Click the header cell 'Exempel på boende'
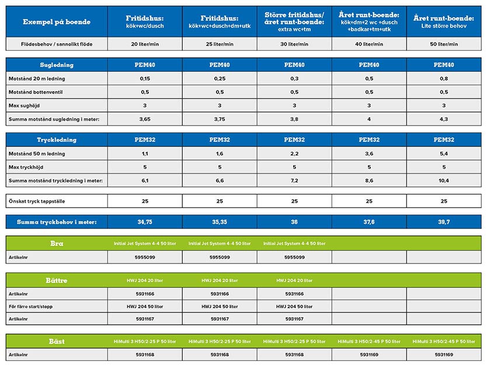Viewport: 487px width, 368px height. coord(57,22)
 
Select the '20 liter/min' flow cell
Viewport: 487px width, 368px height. coord(144,44)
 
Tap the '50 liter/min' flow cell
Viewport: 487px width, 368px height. coord(444,44)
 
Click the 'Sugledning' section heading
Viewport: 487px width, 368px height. coord(57,65)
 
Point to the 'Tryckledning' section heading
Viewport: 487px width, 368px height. coord(57,140)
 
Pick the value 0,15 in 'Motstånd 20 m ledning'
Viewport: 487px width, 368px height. coord(144,78)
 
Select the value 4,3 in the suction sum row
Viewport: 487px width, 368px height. coord(444,119)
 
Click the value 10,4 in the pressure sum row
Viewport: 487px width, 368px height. coord(444,180)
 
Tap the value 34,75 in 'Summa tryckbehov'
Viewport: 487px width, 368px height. coord(144,222)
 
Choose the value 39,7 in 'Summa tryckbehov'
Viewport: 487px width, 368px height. coord(444,222)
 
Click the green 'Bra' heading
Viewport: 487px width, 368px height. coord(57,243)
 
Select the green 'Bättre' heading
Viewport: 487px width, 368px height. coord(57,280)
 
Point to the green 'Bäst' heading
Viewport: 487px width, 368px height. coord(57,341)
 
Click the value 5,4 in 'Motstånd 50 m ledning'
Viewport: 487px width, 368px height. coord(444,154)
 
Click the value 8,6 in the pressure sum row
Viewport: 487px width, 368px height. coord(369,180)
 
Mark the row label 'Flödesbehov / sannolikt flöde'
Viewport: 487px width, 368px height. coord(50,44)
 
